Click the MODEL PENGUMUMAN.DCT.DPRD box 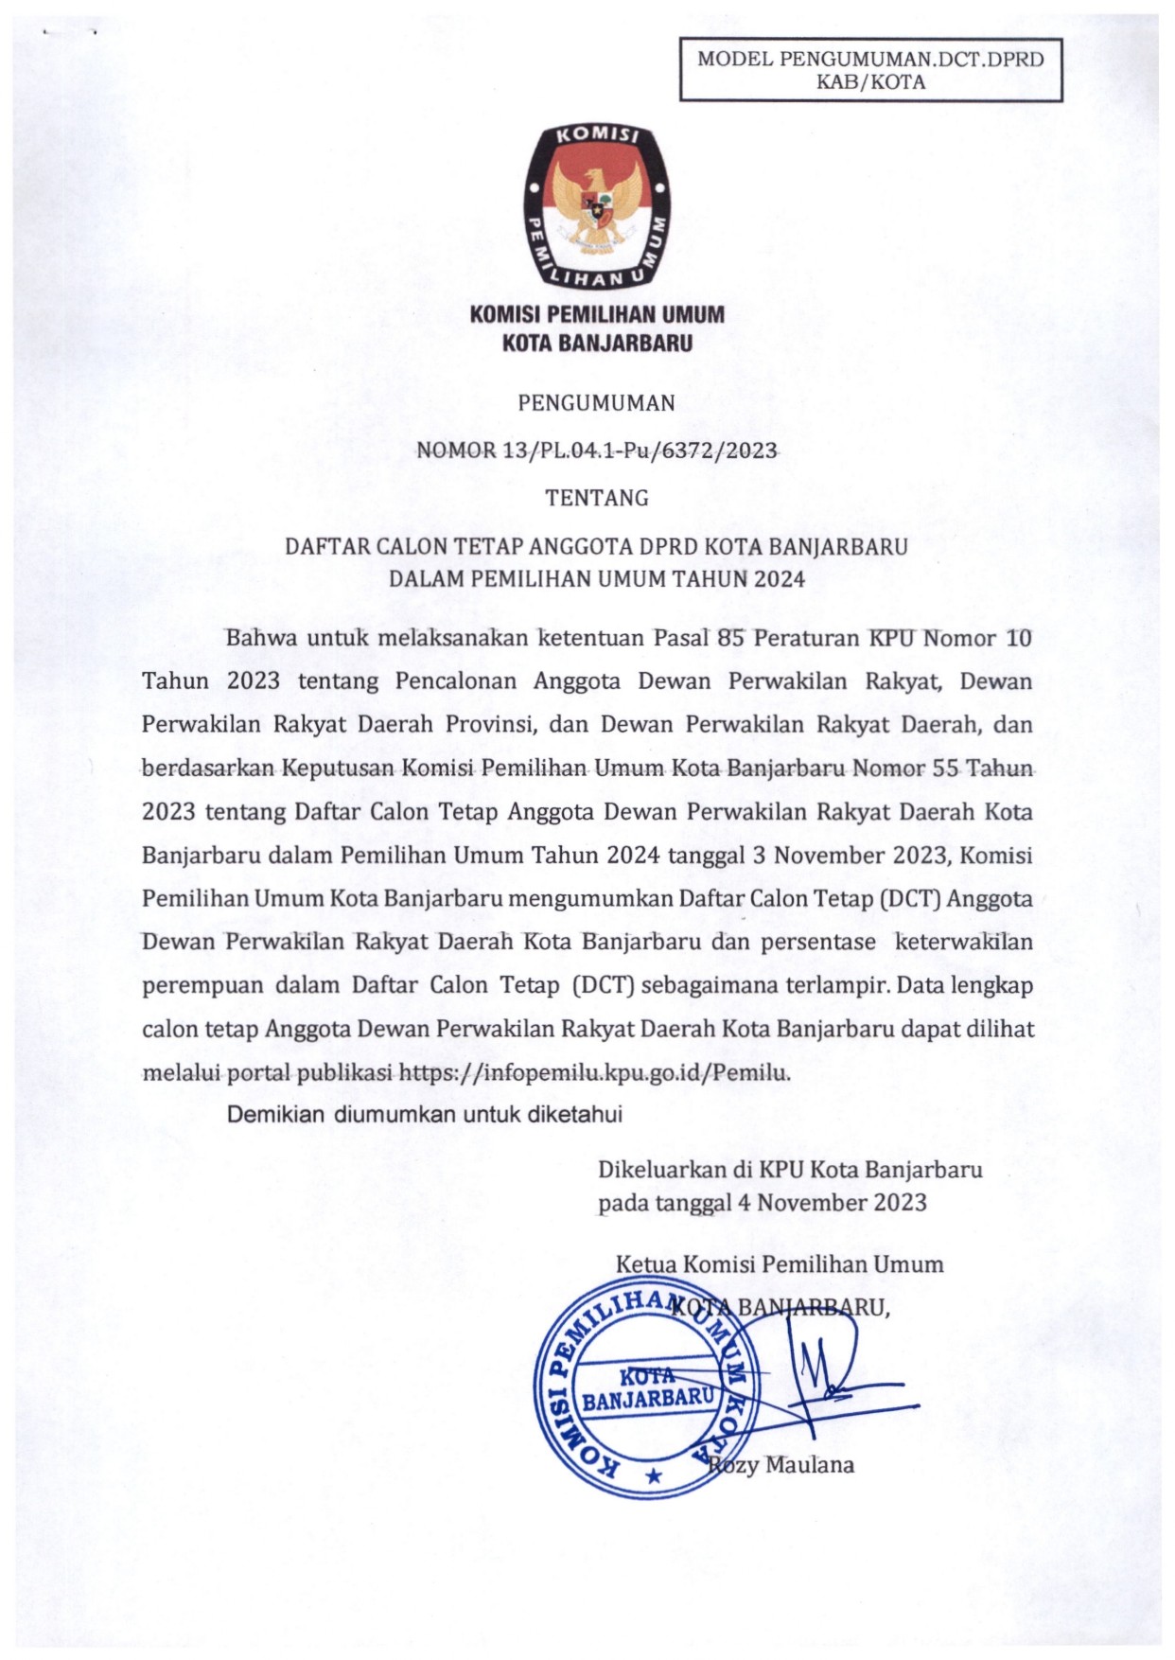(870, 70)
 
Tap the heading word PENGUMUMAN (597, 403)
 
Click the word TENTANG (597, 498)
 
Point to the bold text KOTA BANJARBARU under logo (597, 344)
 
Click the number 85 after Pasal (731, 638)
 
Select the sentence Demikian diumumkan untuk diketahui (424, 1115)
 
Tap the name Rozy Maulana (782, 1465)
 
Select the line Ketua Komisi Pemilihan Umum (780, 1263)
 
